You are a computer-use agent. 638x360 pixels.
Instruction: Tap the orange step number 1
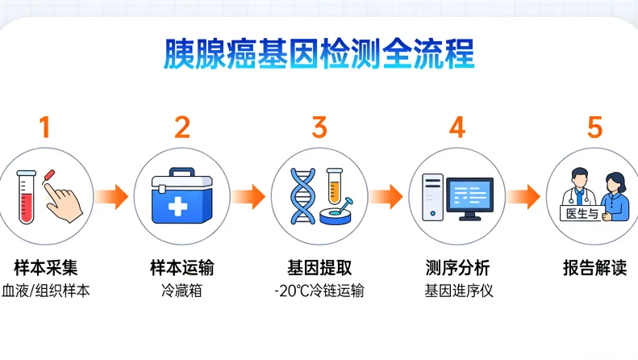[44, 128]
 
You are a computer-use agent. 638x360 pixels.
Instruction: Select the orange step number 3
[319, 128]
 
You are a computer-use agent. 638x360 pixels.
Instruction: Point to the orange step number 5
[594, 128]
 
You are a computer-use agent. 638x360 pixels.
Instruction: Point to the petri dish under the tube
[339, 214]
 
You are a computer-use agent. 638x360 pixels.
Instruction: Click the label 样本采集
[45, 267]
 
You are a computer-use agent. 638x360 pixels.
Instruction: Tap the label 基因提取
[319, 267]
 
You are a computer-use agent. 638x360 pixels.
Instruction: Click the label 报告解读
[594, 267]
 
